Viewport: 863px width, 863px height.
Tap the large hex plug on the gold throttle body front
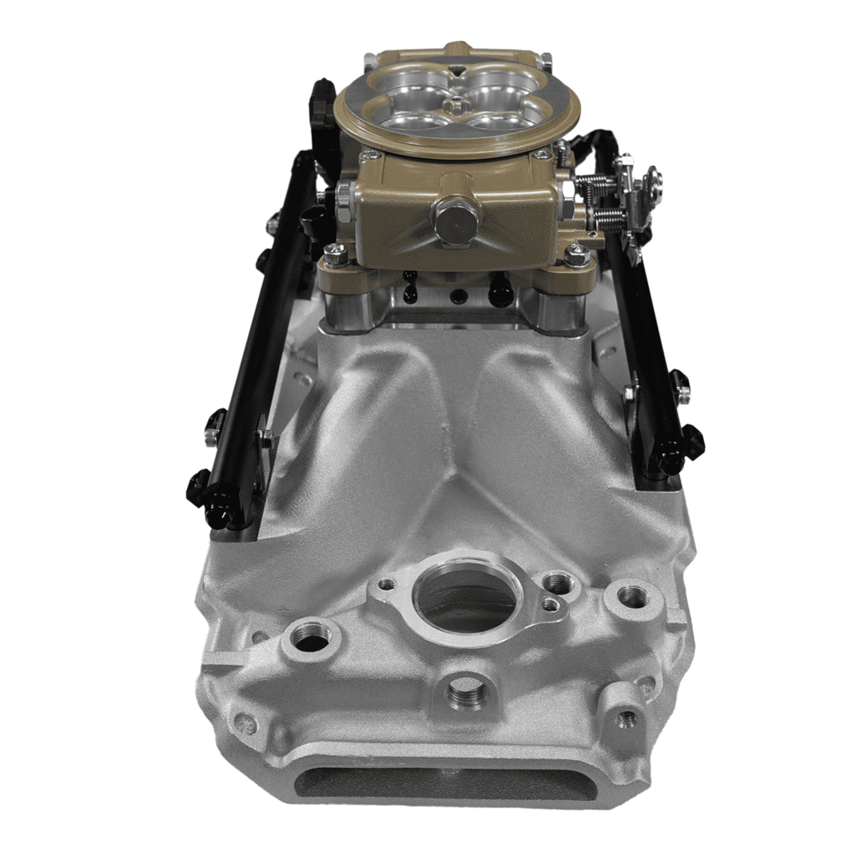456,220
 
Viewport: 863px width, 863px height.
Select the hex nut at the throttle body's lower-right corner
577,256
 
